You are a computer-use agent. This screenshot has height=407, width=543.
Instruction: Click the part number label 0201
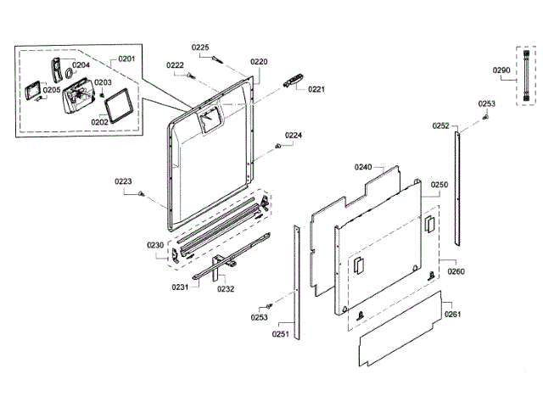pos(126,58)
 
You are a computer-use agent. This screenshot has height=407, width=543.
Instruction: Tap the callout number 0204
pos(81,65)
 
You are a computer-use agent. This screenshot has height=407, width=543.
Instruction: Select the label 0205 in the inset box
pos(52,90)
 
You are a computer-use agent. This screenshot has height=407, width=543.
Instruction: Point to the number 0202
pos(100,121)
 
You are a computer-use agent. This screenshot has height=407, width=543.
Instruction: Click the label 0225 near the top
pos(199,47)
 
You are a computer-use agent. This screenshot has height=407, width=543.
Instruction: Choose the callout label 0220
pos(259,62)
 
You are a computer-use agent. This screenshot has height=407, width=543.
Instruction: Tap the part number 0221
pos(316,89)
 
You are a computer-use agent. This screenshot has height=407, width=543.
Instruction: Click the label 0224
pos(293,136)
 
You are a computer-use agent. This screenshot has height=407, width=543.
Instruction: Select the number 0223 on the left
pos(124,181)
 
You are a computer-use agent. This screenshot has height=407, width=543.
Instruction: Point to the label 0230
pos(154,245)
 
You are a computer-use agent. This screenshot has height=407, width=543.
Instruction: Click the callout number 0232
pos(226,288)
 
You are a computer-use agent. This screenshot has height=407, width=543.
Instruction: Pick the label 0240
pos(363,168)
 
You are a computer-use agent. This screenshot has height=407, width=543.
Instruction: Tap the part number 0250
pos(439,184)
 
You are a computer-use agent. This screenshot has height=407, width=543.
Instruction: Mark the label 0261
pos(454,315)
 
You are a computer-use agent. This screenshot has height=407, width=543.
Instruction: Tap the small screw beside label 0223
pos(139,194)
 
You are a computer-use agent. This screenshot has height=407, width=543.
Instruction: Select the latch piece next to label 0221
pos(293,81)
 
